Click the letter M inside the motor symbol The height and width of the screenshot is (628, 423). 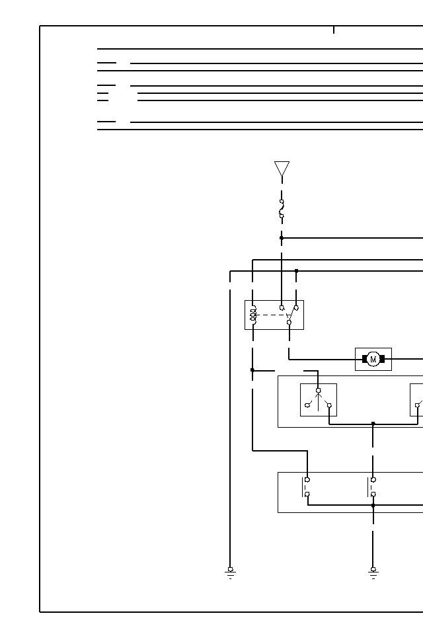pyautogui.click(x=373, y=360)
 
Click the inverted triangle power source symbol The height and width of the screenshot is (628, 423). pyautogui.click(x=282, y=169)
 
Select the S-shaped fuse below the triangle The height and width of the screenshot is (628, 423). pyautogui.click(x=282, y=208)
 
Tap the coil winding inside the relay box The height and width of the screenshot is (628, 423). pyautogui.click(x=252, y=315)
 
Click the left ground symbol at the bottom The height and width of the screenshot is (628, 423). pyautogui.click(x=230, y=572)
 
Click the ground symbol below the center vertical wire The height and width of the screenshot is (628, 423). pyautogui.click(x=373, y=572)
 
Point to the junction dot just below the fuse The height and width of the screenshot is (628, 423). pyautogui.click(x=282, y=238)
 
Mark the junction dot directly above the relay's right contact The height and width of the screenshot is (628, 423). pyautogui.click(x=296, y=271)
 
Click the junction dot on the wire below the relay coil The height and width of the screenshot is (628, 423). pyautogui.click(x=252, y=370)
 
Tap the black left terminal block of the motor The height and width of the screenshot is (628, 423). pyautogui.click(x=364, y=359)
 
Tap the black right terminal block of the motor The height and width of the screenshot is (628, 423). pyautogui.click(x=382, y=359)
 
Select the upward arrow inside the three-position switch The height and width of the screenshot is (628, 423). pyautogui.click(x=318, y=398)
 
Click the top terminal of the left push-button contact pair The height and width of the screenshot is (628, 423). pyautogui.click(x=307, y=479)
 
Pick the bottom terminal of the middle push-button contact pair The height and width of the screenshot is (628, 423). pyautogui.click(x=373, y=494)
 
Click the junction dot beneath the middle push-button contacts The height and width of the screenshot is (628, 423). pyautogui.click(x=373, y=505)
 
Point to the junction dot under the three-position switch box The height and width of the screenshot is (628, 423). pyautogui.click(x=373, y=423)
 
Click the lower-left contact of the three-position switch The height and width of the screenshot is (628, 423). pyautogui.click(x=307, y=405)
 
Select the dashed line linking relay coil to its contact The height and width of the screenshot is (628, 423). pyautogui.click(x=271, y=315)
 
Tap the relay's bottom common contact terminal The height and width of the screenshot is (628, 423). pyautogui.click(x=289, y=323)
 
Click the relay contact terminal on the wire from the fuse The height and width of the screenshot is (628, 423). pyautogui.click(x=282, y=308)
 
